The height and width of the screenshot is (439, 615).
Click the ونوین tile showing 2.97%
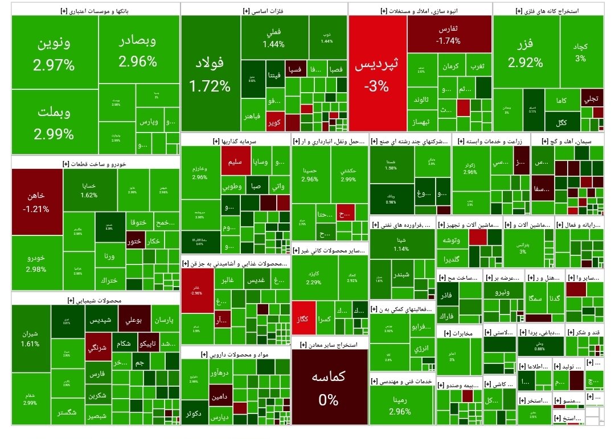[x=54, y=54]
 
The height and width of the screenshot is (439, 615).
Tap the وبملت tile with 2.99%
[x=54, y=122]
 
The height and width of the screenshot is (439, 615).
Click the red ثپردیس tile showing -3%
[x=377, y=74]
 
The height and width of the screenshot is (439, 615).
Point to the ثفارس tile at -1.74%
[x=448, y=34]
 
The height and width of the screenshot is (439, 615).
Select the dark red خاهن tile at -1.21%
[x=36, y=201]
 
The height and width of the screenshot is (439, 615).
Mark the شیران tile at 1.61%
[x=30, y=338]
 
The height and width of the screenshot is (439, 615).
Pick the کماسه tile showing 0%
[x=329, y=387]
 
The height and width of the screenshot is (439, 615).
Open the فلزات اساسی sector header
[x=264, y=11]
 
